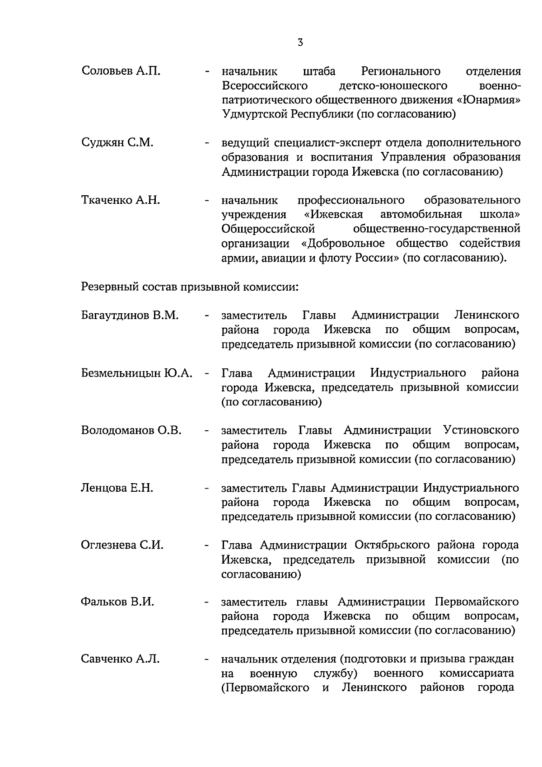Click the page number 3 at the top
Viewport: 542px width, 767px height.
tap(300, 42)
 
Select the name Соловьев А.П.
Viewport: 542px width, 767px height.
tap(121, 71)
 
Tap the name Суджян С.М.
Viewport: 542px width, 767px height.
tap(117, 143)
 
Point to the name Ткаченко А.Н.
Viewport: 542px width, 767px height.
tap(121, 200)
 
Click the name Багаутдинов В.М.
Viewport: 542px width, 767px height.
tap(130, 315)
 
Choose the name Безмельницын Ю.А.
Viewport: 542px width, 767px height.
tap(137, 373)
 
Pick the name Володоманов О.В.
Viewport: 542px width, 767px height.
tap(131, 430)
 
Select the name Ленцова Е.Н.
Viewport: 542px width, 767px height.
tap(117, 488)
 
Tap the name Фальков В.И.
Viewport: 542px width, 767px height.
tap(117, 602)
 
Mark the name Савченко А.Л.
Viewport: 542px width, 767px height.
tap(120, 659)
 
